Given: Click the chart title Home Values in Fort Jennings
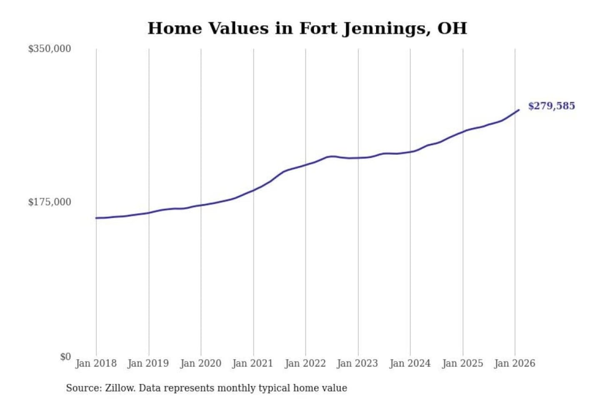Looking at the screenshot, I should point(307,28).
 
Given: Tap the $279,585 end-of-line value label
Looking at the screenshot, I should point(551,106).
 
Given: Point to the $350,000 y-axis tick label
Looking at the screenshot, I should point(50,49).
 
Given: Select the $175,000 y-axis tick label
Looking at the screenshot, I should point(50,202).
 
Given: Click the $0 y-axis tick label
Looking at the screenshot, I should point(65,357).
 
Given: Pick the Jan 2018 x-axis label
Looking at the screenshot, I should point(96,363).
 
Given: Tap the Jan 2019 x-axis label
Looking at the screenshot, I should point(148,363).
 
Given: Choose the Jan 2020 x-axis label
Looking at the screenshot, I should point(200,363).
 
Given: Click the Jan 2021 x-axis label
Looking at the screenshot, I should point(252,363).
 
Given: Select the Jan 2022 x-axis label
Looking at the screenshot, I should point(305,363).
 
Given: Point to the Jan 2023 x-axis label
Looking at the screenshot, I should point(357,363).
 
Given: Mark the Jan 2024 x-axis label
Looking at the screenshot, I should point(410,363).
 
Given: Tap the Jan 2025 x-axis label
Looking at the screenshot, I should point(462,363).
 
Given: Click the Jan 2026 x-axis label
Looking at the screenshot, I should point(515,363).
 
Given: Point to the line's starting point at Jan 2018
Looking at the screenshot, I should point(96,218).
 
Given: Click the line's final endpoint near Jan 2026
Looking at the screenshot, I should point(519,110).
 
